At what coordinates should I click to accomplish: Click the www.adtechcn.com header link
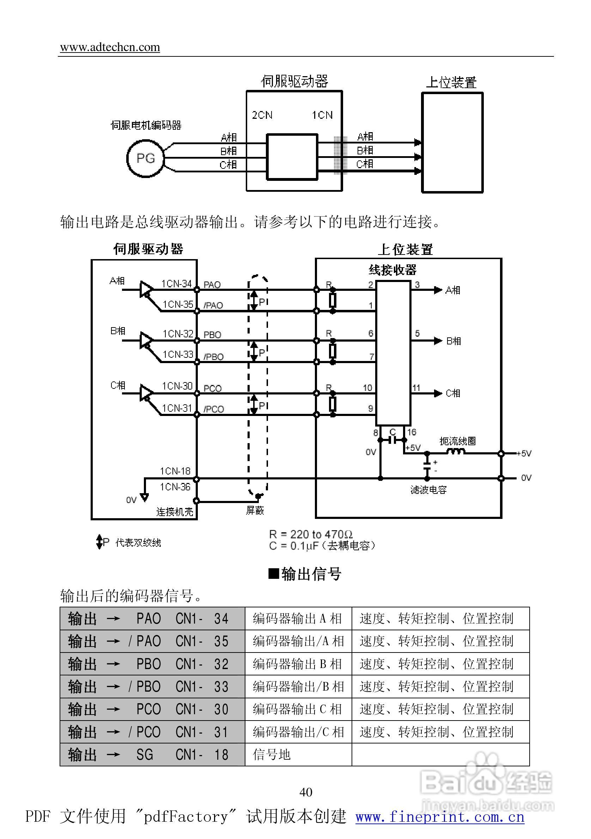point(110,47)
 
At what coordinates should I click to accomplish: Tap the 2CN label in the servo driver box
point(262,115)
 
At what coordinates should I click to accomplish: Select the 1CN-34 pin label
point(176,283)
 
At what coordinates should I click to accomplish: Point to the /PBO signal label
point(213,357)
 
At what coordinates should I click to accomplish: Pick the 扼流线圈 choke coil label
point(457,441)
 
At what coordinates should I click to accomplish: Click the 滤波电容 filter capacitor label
point(428,490)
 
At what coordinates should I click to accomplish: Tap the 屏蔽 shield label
point(255,510)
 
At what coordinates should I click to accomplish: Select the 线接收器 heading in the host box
point(392,270)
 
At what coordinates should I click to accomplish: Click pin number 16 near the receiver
point(412,432)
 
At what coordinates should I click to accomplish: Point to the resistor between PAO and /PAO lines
point(332,300)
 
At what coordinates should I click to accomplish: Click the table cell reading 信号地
point(272,755)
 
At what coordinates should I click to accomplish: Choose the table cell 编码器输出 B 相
point(297,664)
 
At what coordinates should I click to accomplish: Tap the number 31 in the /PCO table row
point(221,732)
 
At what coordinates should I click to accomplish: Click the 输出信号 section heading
point(305,574)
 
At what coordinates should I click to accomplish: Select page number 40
point(306,792)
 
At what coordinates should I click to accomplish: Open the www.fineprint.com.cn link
point(440,817)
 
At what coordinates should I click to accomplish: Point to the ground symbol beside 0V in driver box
point(145,497)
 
